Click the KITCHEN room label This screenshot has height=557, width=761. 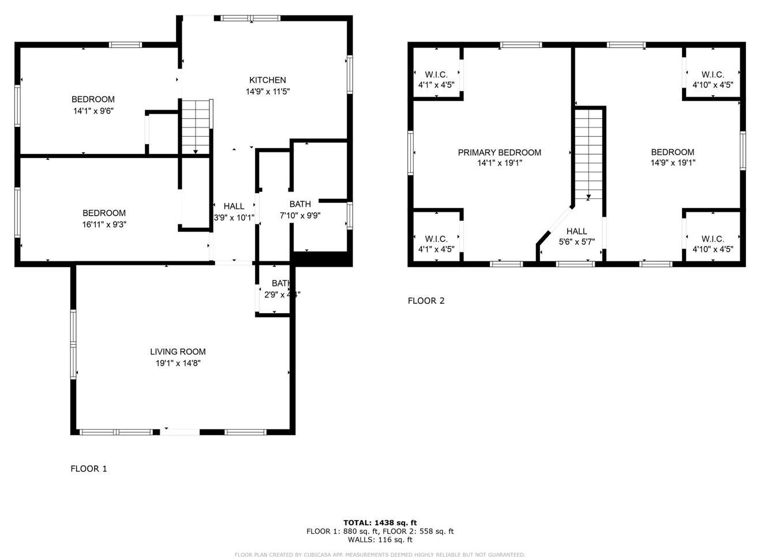point(267,80)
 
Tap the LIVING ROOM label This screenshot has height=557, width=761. point(178,352)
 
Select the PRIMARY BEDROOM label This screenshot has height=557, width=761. point(499,153)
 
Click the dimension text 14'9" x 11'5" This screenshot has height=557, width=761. point(267,91)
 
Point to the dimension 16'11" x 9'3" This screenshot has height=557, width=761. point(104,224)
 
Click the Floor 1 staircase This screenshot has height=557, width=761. point(196,126)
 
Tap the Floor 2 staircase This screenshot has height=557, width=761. point(588,153)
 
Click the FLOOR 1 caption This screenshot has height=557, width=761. point(89,469)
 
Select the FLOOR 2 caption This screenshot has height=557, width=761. point(426,300)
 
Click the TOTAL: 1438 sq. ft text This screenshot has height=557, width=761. point(380,523)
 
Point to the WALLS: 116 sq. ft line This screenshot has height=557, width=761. point(380,540)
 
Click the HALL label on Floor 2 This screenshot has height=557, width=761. point(576,231)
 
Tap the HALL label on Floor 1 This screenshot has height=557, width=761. point(234,206)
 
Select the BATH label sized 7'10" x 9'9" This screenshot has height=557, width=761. point(300,204)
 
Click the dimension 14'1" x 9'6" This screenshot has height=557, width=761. point(93,111)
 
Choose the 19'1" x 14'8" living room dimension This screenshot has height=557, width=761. point(178,363)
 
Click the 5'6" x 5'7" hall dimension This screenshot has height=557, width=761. point(576,242)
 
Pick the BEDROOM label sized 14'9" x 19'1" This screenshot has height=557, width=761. point(672,152)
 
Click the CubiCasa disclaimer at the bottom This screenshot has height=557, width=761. point(380,554)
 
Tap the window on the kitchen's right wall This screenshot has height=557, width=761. point(350,74)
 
